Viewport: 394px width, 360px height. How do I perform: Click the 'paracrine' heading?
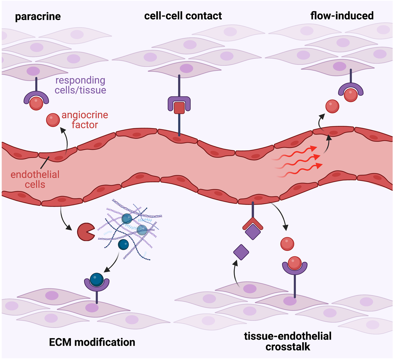[x=38, y=17]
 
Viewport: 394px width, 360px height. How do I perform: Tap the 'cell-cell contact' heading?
[x=183, y=16]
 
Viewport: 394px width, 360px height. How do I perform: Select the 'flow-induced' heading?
[x=342, y=15]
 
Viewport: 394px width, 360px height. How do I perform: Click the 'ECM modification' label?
[x=92, y=342]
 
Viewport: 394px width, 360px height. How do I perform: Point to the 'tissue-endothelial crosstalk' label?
[x=288, y=341]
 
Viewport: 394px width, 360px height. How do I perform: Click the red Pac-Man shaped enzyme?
[x=85, y=232]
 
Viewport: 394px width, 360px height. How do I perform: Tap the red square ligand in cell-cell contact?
[x=179, y=108]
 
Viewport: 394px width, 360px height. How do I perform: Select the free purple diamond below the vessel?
[x=241, y=252]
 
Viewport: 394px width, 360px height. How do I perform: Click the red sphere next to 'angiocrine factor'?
[x=53, y=120]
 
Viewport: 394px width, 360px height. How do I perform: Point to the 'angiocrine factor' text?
[x=85, y=120]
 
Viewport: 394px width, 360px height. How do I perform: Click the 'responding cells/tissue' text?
[x=80, y=85]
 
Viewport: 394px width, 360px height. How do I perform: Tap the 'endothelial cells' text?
[x=35, y=179]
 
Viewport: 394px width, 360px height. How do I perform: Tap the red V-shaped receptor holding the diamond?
[x=252, y=223]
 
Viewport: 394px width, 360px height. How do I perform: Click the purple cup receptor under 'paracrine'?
[x=36, y=98]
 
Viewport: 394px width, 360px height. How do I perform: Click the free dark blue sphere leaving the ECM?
[x=123, y=244]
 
